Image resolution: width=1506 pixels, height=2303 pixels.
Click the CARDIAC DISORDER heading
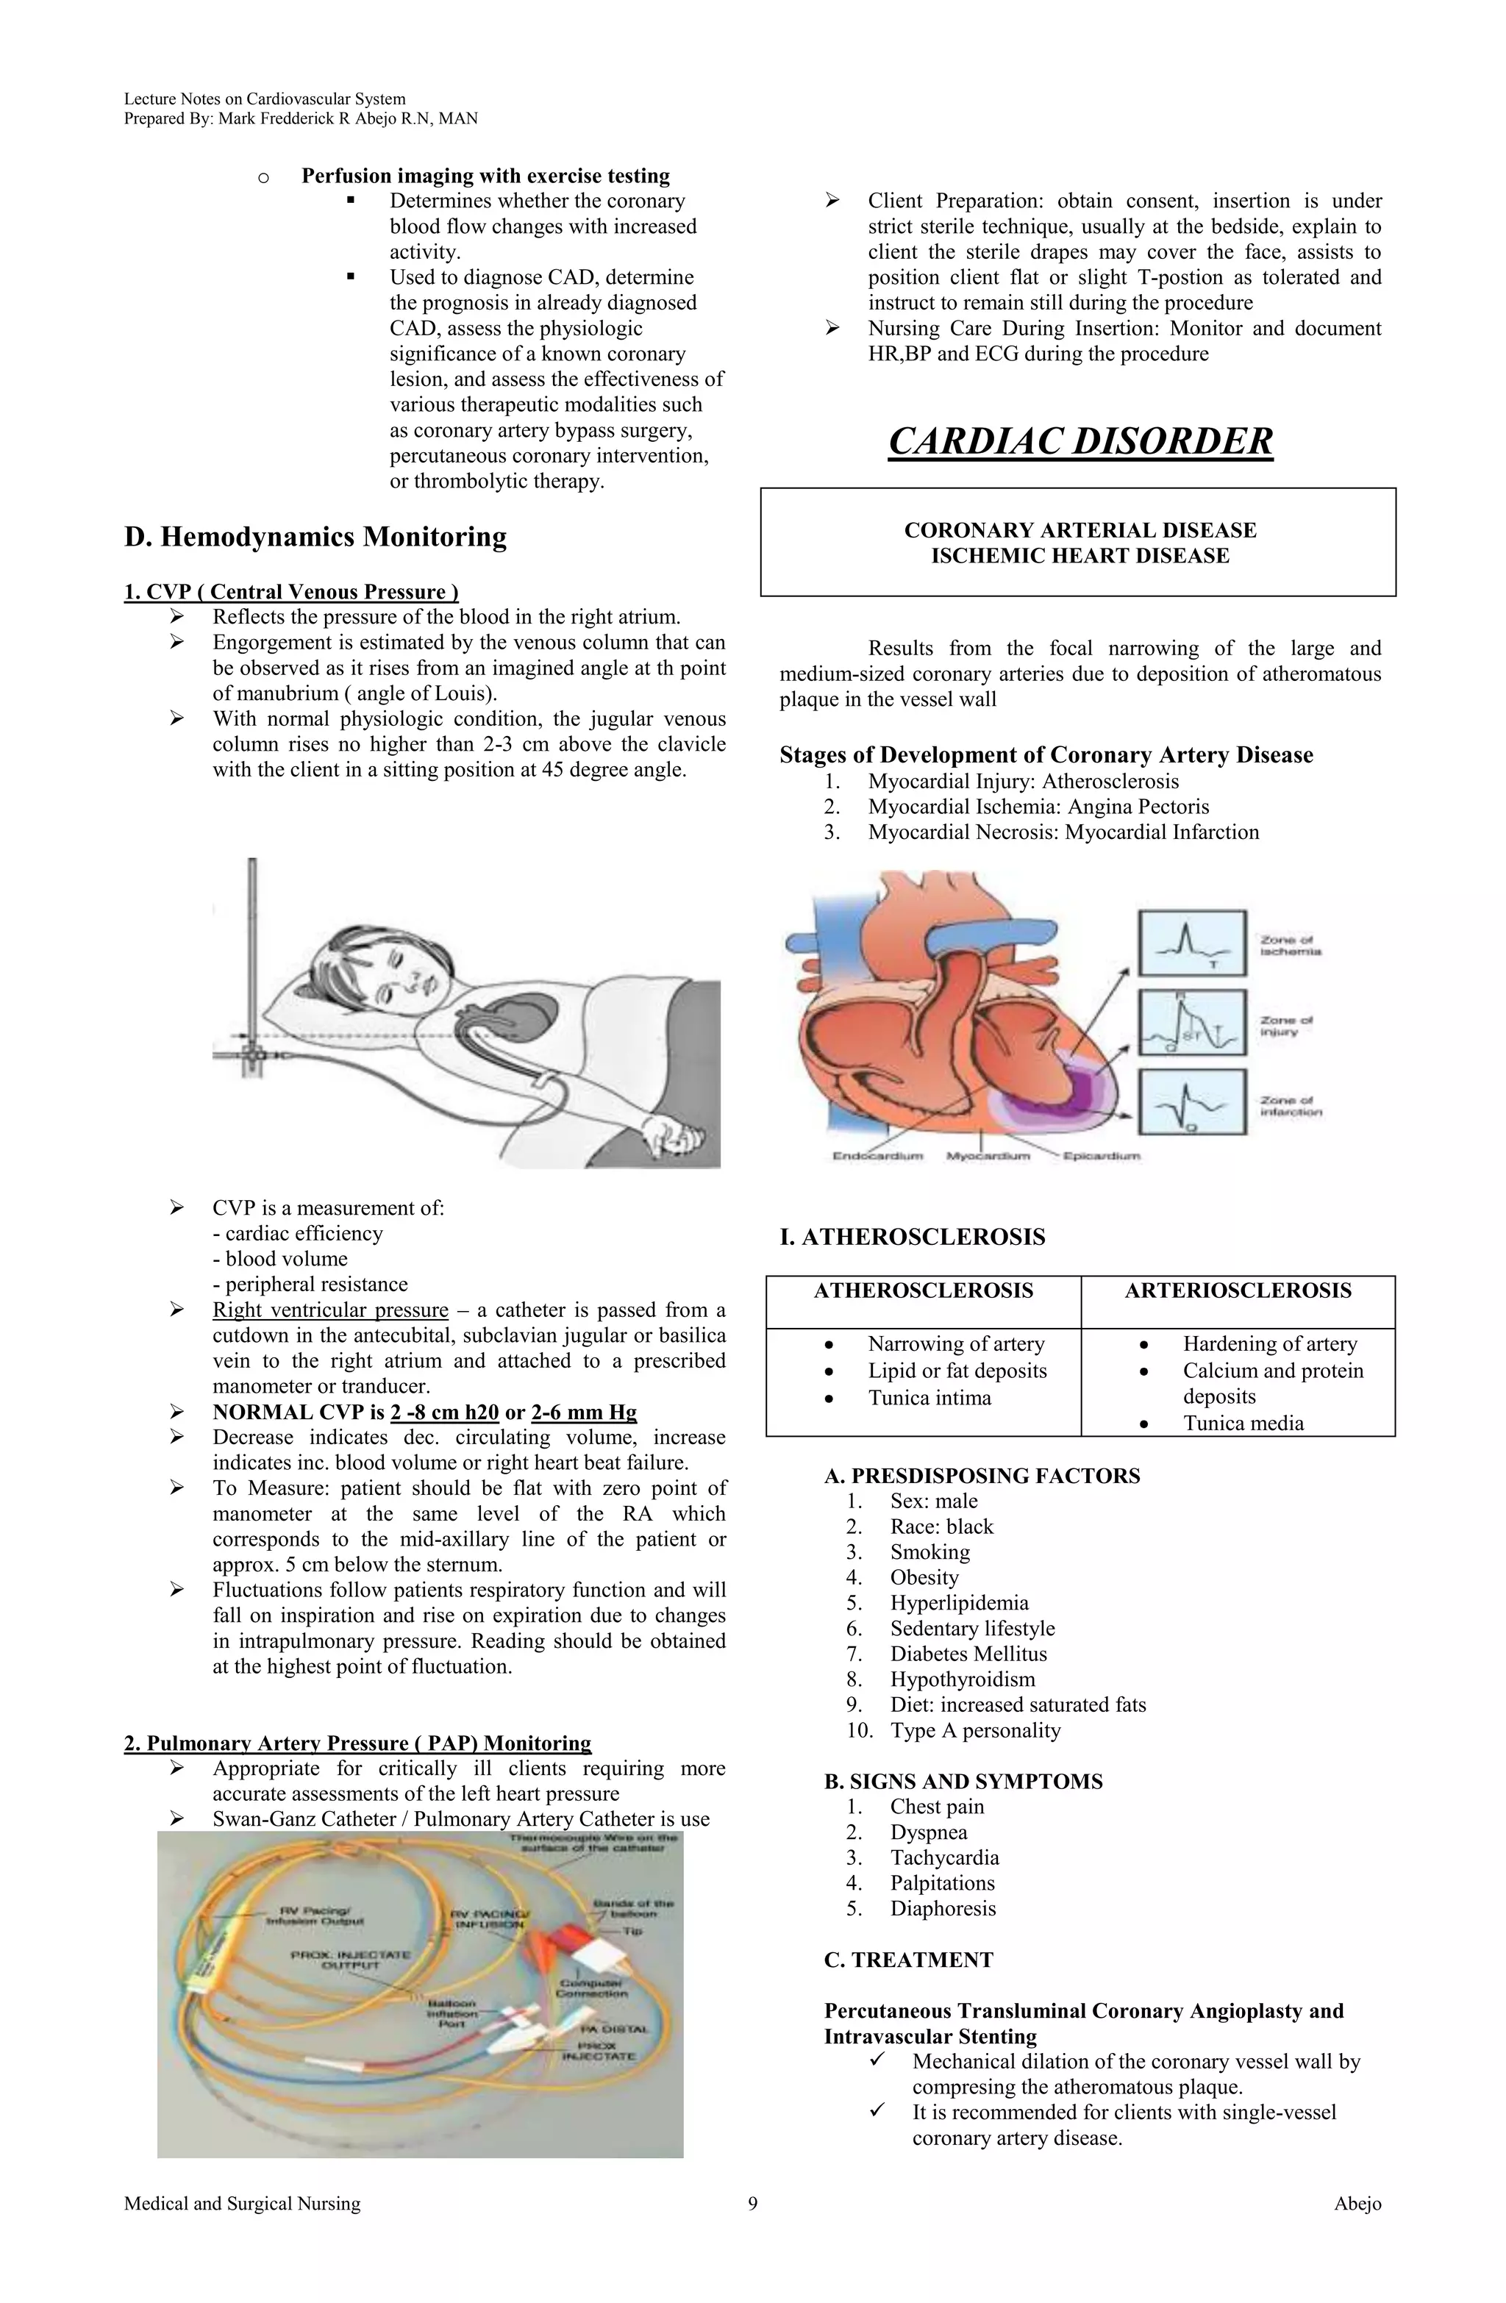tap(1079, 441)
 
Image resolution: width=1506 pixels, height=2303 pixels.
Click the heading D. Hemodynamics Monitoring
tap(315, 537)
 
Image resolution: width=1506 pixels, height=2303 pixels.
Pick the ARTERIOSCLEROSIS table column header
tap(1237, 1290)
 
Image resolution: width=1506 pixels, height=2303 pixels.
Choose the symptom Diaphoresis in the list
tap(943, 1908)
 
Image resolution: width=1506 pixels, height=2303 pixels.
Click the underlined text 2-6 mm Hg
tap(584, 1412)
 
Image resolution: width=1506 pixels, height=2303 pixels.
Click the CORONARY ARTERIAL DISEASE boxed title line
tap(1079, 530)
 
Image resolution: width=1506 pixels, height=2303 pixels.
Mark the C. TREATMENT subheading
tap(908, 1960)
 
